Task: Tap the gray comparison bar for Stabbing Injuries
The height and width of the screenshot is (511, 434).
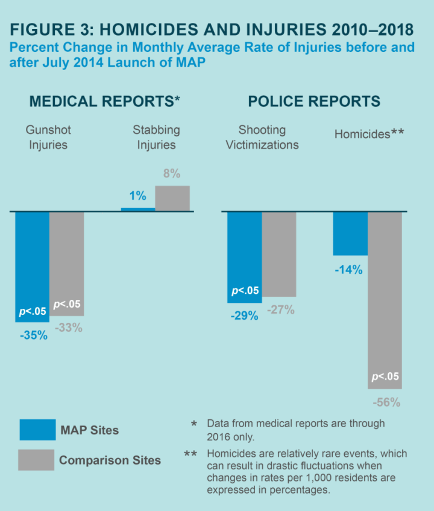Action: coord(172,198)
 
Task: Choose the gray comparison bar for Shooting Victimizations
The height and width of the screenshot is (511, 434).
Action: coord(279,254)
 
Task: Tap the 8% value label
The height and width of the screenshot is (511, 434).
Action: coord(172,174)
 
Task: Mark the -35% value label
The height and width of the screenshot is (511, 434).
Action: coord(33,335)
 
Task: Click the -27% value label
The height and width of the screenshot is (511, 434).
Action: coord(280,310)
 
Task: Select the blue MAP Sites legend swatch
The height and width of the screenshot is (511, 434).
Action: coord(37,430)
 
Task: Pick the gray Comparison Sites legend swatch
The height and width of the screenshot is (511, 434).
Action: coord(37,460)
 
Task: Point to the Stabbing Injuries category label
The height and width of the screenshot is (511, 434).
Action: coord(156,137)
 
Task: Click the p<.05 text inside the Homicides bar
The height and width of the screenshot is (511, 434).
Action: coord(385,377)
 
